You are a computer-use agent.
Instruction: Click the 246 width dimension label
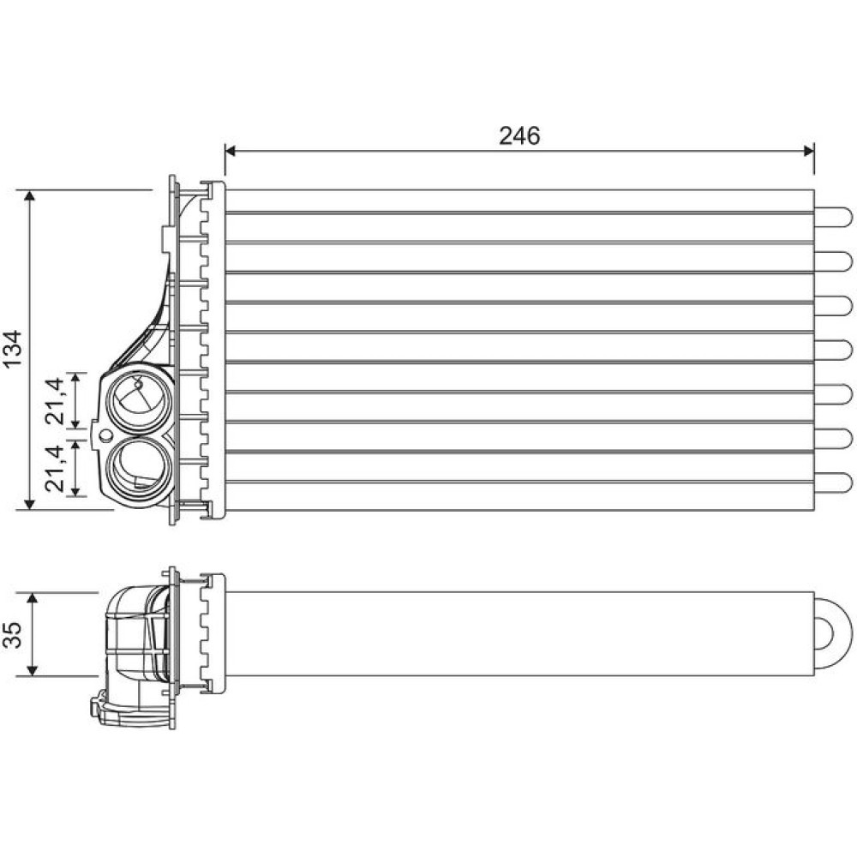click(519, 135)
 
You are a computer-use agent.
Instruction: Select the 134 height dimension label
click(12, 349)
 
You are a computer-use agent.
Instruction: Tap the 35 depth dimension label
click(13, 634)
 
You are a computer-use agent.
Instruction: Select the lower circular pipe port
click(140, 470)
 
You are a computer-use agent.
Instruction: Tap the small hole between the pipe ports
click(105, 435)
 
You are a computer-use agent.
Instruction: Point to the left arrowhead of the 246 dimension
click(230, 150)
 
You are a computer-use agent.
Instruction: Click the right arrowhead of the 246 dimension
click(809, 150)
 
